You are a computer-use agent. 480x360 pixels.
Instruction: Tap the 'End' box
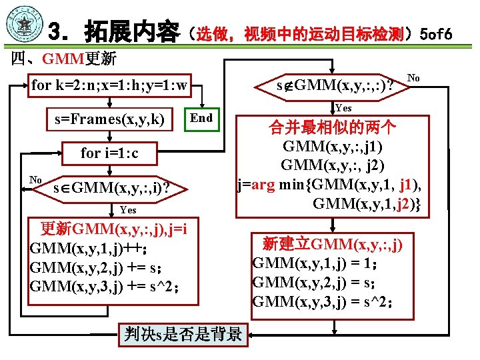tap(201, 118)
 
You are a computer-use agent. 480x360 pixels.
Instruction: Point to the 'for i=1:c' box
tap(110, 153)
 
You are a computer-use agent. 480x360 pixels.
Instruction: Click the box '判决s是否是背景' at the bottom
tap(183, 334)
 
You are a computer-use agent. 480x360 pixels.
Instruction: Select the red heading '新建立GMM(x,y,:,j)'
tap(332, 243)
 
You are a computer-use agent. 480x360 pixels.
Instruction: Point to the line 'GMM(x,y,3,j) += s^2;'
tap(104, 287)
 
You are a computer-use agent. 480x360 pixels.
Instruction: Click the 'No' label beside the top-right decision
tap(413, 78)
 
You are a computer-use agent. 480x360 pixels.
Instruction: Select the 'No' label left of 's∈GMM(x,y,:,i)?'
tap(36, 179)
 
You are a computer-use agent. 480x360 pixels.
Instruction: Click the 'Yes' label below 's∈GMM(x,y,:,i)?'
tap(128, 210)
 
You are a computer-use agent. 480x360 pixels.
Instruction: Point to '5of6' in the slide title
tap(436, 33)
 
